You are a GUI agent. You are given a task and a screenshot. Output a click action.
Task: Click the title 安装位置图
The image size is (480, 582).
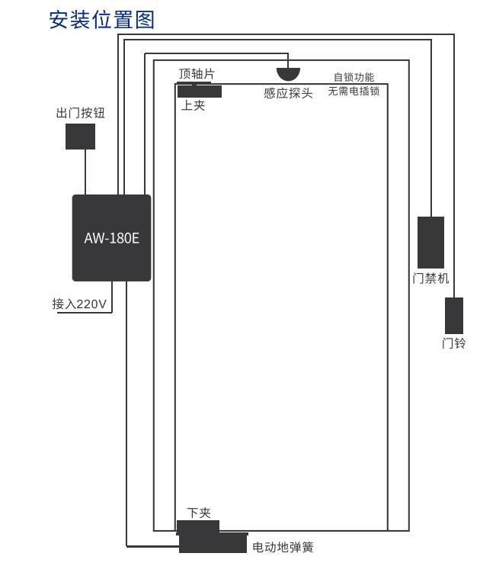[101, 20]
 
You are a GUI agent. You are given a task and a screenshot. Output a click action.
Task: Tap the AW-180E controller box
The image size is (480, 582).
[111, 237]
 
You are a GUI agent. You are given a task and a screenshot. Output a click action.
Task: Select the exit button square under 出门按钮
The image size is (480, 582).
[81, 137]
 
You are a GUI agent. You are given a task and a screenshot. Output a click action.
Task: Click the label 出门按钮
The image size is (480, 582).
[81, 113]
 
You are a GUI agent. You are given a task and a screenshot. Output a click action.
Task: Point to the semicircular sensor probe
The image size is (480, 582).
[288, 74]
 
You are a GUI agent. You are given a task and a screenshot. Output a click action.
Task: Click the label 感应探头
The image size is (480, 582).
[288, 93]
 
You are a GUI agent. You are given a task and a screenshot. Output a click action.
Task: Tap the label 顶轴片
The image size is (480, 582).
[197, 73]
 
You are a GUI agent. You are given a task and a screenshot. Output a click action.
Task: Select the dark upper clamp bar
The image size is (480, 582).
[200, 92]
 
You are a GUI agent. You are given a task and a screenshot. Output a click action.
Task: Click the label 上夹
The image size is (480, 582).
[193, 105]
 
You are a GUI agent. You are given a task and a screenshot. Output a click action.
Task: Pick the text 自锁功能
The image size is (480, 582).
[354, 77]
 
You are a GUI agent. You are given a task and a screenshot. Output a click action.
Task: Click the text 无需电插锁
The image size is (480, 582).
[354, 91]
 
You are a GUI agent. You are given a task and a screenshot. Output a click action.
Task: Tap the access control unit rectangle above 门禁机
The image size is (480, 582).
[430, 243]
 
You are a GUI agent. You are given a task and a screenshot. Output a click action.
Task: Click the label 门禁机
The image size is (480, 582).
[430, 278]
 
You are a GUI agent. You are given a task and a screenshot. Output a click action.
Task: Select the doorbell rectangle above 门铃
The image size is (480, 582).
[454, 316]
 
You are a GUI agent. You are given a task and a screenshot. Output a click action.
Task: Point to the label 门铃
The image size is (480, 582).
[453, 343]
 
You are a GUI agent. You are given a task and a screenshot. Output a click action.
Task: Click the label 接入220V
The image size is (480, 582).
[79, 304]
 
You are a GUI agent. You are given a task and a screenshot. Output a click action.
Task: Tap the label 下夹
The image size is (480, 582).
[199, 513]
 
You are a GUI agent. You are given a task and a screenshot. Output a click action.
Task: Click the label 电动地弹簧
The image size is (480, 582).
[283, 547]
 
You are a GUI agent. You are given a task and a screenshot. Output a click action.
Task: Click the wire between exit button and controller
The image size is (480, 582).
[85, 172]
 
